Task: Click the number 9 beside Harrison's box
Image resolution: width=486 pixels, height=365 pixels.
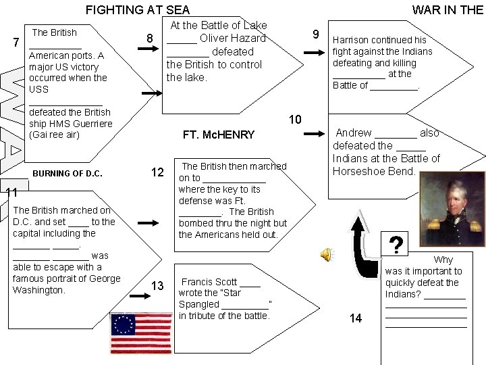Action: click(315, 34)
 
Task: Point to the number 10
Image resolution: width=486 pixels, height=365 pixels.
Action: click(295, 120)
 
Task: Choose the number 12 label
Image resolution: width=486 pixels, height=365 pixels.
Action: click(157, 173)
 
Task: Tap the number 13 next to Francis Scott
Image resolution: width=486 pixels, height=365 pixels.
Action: click(157, 287)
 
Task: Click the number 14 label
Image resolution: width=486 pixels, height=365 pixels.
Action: click(355, 318)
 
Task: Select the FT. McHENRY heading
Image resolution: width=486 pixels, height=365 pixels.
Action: click(219, 135)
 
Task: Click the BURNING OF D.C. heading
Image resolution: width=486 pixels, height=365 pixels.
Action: click(67, 174)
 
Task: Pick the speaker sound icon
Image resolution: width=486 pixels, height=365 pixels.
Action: click(326, 254)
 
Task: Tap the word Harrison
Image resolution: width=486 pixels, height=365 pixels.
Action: click(352, 40)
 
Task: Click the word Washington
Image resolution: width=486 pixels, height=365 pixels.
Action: click(39, 290)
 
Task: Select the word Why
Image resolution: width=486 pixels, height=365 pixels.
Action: click(443, 260)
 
